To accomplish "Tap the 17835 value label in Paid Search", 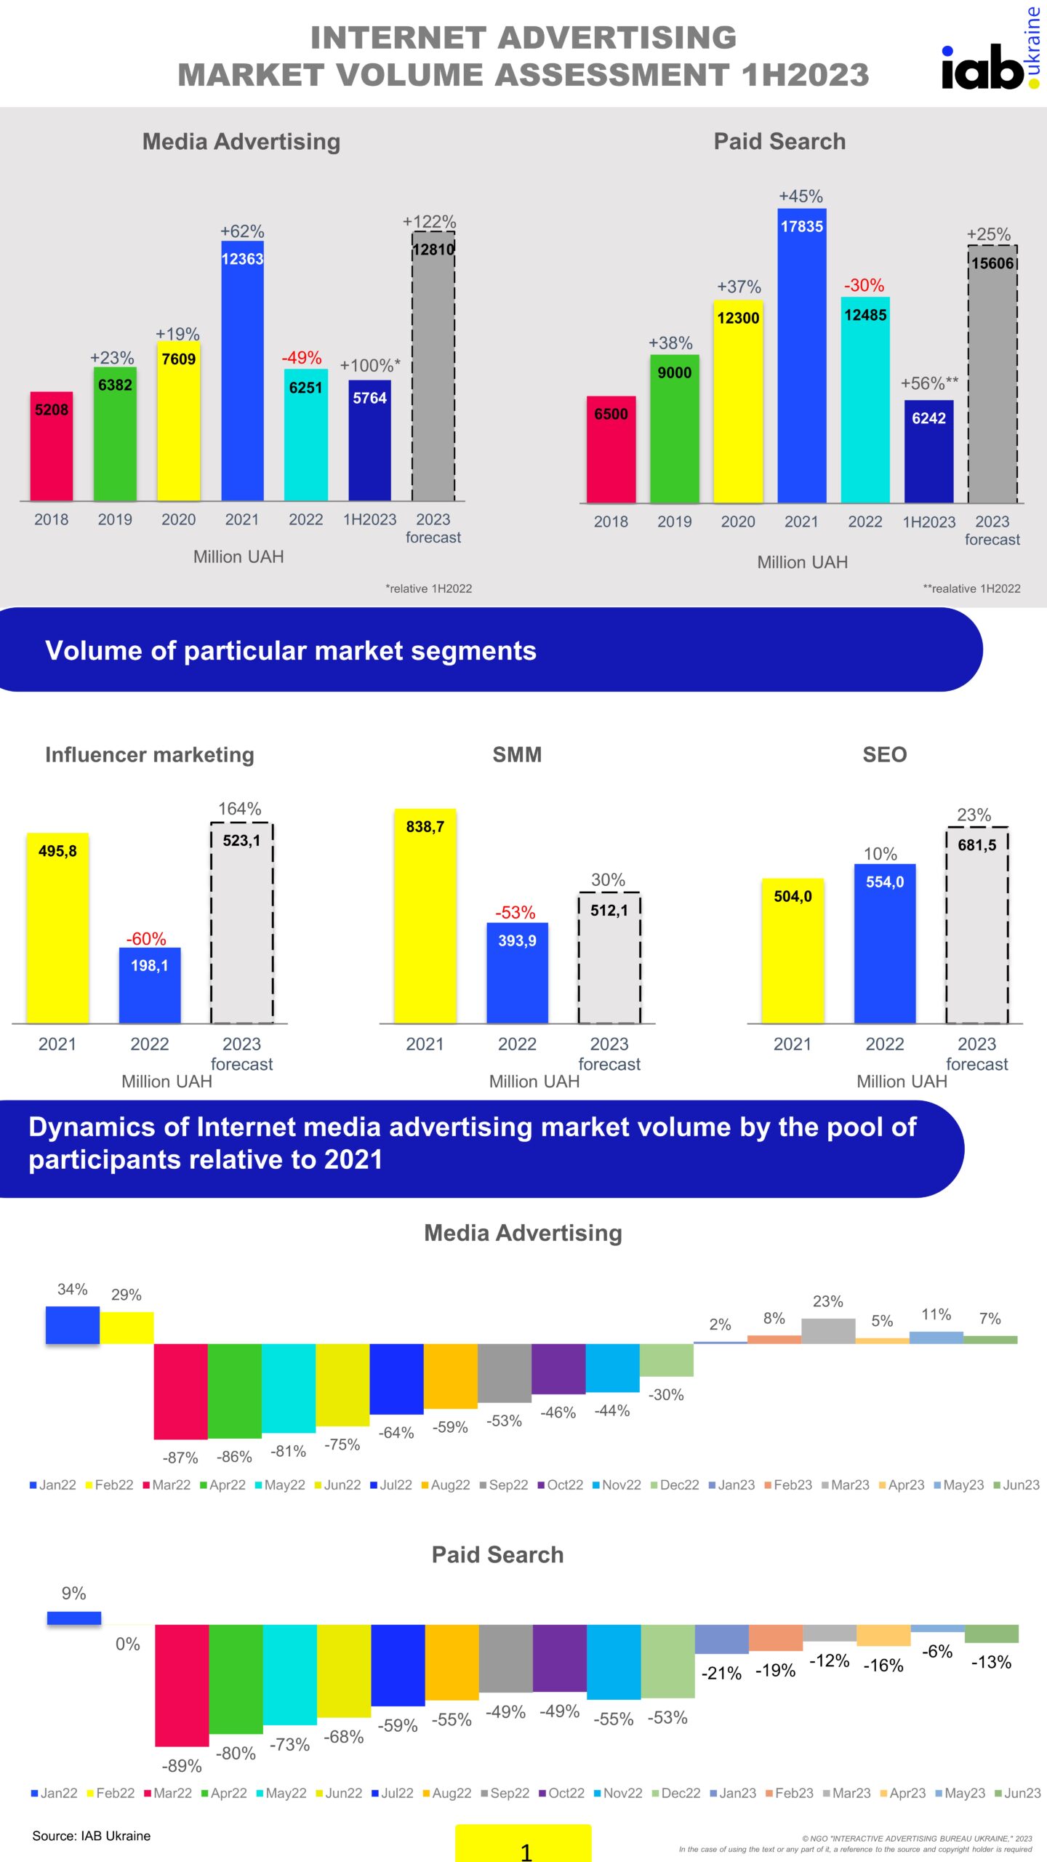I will click(x=801, y=227).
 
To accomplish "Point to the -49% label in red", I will click(x=302, y=358).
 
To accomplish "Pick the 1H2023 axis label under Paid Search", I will click(x=928, y=522).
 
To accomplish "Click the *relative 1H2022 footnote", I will click(x=428, y=588).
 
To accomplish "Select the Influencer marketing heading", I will click(x=150, y=755).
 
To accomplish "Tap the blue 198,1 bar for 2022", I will click(x=150, y=986).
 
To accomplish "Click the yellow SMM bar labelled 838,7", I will click(x=425, y=916).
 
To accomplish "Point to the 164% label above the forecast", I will click(x=240, y=809).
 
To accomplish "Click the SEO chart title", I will click(x=884, y=755).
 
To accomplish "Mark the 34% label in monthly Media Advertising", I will click(x=73, y=1290).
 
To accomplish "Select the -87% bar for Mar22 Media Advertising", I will click(x=180, y=1391).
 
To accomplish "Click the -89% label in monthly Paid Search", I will click(x=182, y=1765).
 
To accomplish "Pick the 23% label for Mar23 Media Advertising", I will click(x=827, y=1301).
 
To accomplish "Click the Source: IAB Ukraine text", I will click(x=92, y=1836).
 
